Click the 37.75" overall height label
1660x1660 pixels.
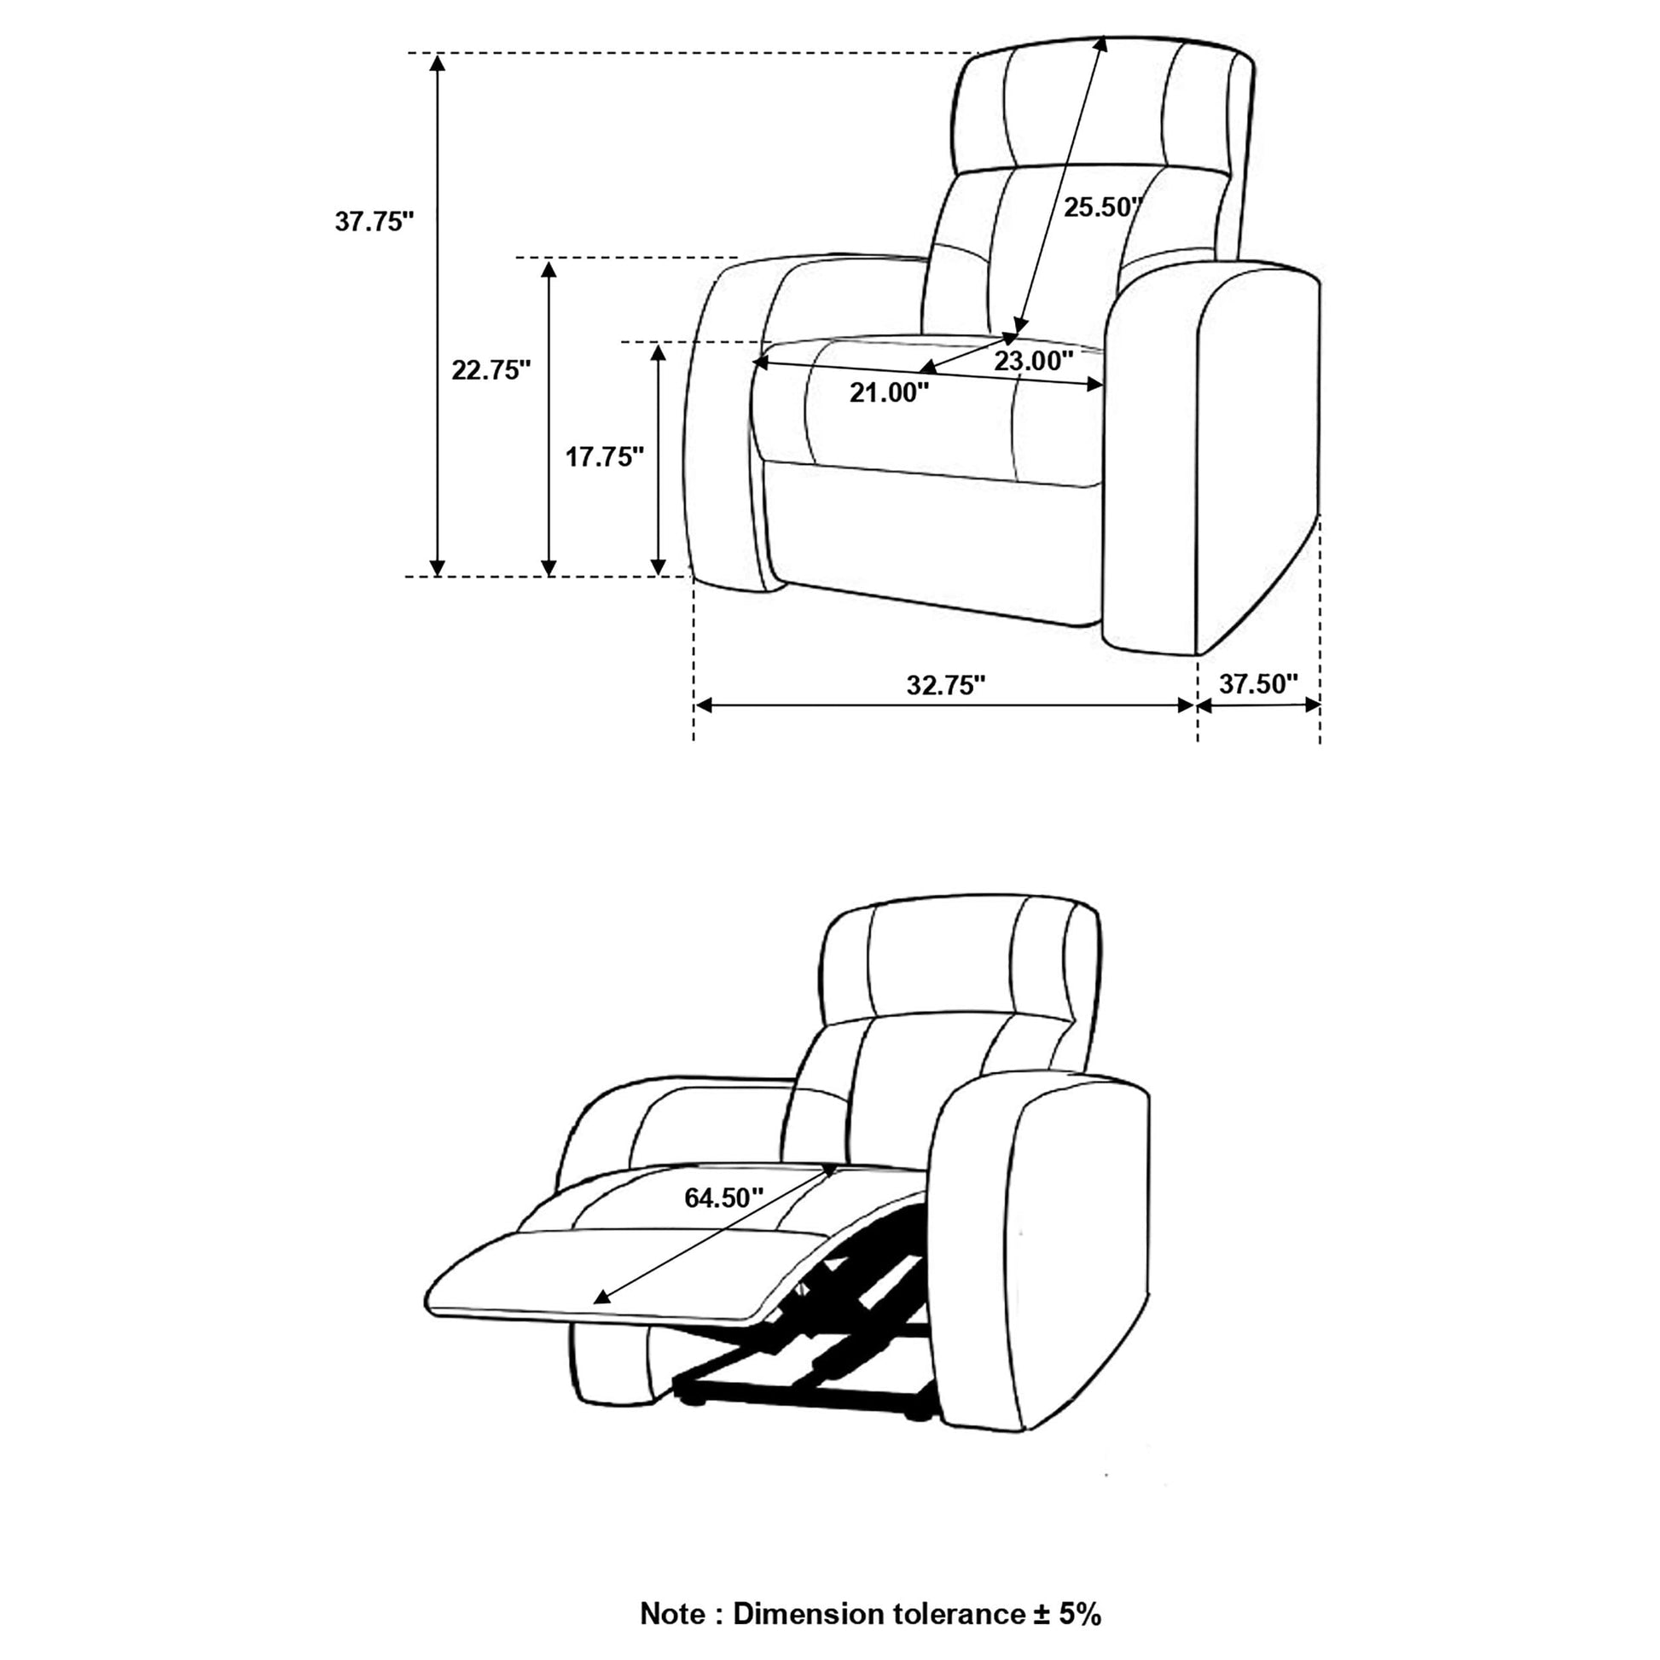click(374, 222)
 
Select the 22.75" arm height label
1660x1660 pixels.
click(491, 370)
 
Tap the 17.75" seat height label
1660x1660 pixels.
click(604, 456)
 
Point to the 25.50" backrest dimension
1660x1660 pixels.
click(1103, 207)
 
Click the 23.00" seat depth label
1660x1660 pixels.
click(1034, 361)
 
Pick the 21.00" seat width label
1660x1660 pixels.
click(889, 392)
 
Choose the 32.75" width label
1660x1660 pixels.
click(946, 685)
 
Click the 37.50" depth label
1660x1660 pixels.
click(1259, 684)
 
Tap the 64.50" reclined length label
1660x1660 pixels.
click(724, 1198)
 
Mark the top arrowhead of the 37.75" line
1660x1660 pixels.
click(438, 62)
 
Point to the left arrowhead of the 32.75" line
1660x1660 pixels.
click(704, 705)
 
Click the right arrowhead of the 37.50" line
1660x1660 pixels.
click(1311, 705)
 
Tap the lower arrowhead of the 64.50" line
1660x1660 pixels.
click(602, 1321)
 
